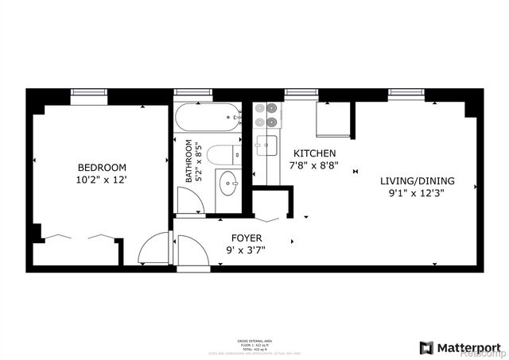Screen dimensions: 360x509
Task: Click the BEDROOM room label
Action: click(101, 167)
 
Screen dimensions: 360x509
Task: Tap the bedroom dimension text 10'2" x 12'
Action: click(101, 180)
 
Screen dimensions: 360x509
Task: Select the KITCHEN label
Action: click(315, 153)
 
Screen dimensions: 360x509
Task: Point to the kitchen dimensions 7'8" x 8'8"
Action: click(315, 167)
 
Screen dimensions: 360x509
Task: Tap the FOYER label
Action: click(247, 238)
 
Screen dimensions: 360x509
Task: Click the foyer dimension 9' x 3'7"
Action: click(247, 251)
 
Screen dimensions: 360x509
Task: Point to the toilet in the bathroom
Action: click(223, 153)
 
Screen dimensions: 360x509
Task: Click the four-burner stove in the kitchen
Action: click(268, 115)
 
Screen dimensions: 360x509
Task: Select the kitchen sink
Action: click(266, 145)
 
